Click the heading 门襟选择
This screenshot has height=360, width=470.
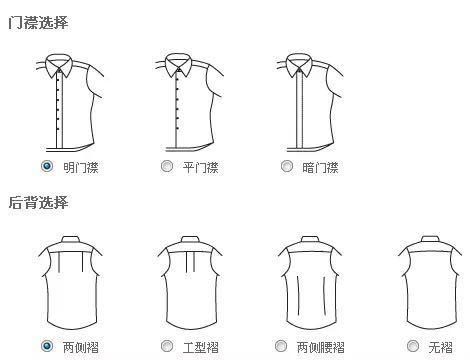click(x=38, y=23)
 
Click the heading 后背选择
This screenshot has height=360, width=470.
click(x=38, y=202)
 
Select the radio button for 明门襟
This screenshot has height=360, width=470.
click(x=47, y=166)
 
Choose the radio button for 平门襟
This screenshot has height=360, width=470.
click(x=167, y=166)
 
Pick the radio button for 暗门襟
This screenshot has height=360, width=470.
click(x=287, y=166)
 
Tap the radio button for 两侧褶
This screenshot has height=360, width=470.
click(x=47, y=346)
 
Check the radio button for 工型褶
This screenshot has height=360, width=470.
click(x=167, y=346)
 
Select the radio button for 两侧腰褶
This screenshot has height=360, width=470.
click(x=281, y=346)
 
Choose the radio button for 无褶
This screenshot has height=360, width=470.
click(x=413, y=346)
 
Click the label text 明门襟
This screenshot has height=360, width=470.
click(x=81, y=167)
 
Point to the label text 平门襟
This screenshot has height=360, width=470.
click(x=201, y=167)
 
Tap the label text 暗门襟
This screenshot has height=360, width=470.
click(x=320, y=167)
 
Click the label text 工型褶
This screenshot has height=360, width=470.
click(x=201, y=347)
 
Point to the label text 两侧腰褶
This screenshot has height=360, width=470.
click(x=320, y=347)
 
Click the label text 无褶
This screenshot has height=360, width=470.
click(x=441, y=347)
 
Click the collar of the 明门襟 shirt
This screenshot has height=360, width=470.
click(x=59, y=66)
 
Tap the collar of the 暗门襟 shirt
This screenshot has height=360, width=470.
click(x=299, y=66)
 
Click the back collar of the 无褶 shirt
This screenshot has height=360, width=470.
click(x=430, y=239)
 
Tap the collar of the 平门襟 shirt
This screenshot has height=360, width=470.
click(x=178, y=66)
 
